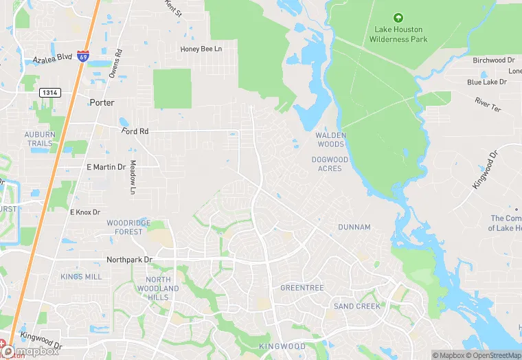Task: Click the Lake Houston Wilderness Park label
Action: click(x=398, y=34)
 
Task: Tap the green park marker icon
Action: click(x=397, y=18)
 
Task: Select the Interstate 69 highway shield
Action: click(x=82, y=57)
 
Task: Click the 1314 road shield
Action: click(x=49, y=92)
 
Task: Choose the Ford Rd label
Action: click(x=135, y=131)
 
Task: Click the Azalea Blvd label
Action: click(x=52, y=60)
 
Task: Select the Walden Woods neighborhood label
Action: click(x=330, y=140)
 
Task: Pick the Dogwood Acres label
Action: click(x=330, y=164)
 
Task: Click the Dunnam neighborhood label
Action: click(x=354, y=227)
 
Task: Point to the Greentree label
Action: click(x=302, y=288)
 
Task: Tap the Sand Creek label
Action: click(x=357, y=306)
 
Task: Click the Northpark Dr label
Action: click(x=128, y=260)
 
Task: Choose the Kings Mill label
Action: click(x=81, y=277)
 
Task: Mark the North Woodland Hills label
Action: click(x=158, y=289)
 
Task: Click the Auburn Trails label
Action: click(x=38, y=139)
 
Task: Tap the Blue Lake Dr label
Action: click(x=486, y=82)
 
